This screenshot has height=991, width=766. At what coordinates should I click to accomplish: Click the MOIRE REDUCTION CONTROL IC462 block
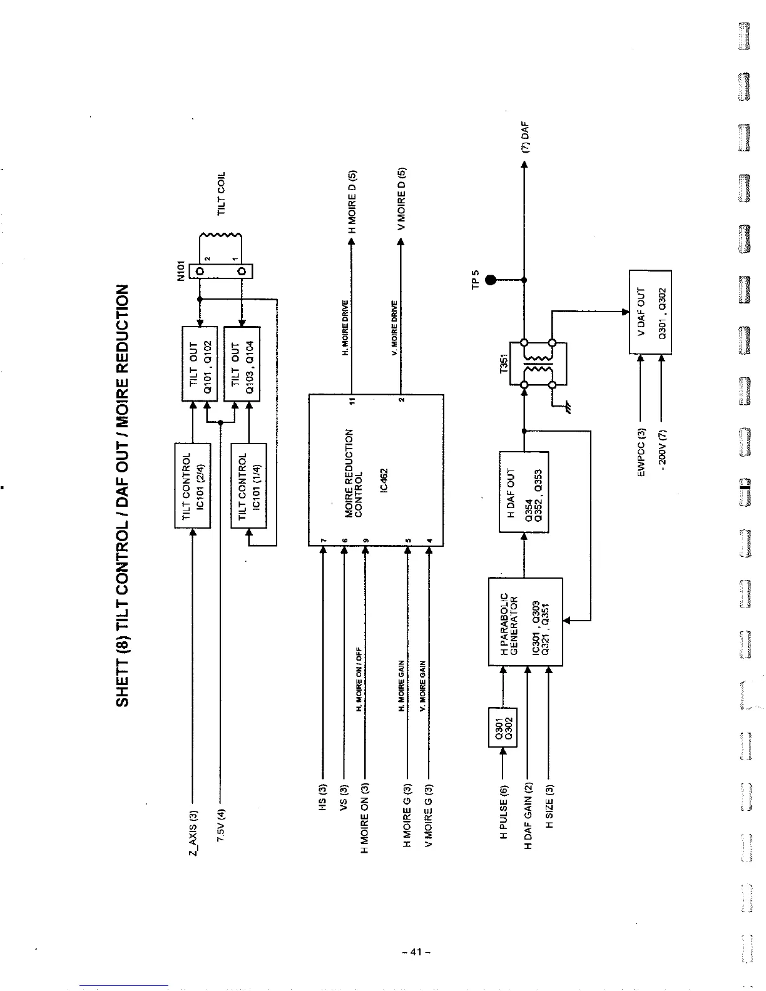(x=375, y=470)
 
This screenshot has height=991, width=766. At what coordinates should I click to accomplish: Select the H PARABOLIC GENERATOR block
(x=525, y=622)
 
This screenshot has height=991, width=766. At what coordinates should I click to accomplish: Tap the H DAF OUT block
(x=524, y=492)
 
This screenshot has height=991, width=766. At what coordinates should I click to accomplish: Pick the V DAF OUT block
(x=650, y=312)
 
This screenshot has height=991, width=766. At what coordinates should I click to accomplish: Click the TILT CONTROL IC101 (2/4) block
(x=192, y=485)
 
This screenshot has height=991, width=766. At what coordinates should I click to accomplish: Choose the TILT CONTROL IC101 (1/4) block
(x=249, y=485)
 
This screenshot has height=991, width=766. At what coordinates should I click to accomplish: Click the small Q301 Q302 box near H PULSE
(x=501, y=728)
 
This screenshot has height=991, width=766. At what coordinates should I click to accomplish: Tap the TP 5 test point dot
(x=491, y=280)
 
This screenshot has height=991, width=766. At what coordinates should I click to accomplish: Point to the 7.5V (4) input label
(x=220, y=826)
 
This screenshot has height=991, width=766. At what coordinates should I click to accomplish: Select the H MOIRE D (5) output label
(x=352, y=201)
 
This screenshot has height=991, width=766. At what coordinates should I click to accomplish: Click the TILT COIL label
(x=221, y=193)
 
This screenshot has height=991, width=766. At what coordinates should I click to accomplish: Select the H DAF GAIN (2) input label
(x=528, y=816)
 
